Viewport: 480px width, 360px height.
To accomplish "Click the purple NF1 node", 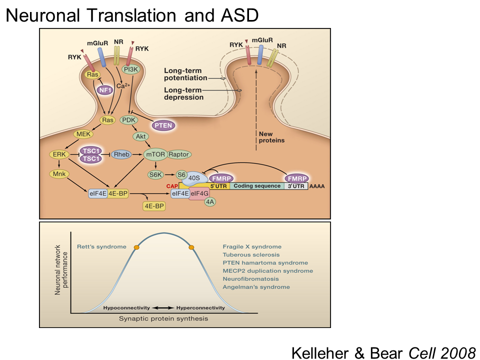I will (x=104, y=90).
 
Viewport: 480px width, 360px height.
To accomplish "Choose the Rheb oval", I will (x=123, y=155).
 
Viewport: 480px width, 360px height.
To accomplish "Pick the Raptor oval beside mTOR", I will (x=178, y=155).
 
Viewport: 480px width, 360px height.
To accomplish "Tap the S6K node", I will (x=155, y=174).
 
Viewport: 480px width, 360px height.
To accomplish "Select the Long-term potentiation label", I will (x=185, y=74).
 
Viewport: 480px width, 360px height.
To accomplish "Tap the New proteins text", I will (x=271, y=137).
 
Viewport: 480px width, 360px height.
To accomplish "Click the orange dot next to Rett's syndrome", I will (x=136, y=247).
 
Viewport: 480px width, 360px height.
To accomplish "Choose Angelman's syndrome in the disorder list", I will (x=256, y=287).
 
